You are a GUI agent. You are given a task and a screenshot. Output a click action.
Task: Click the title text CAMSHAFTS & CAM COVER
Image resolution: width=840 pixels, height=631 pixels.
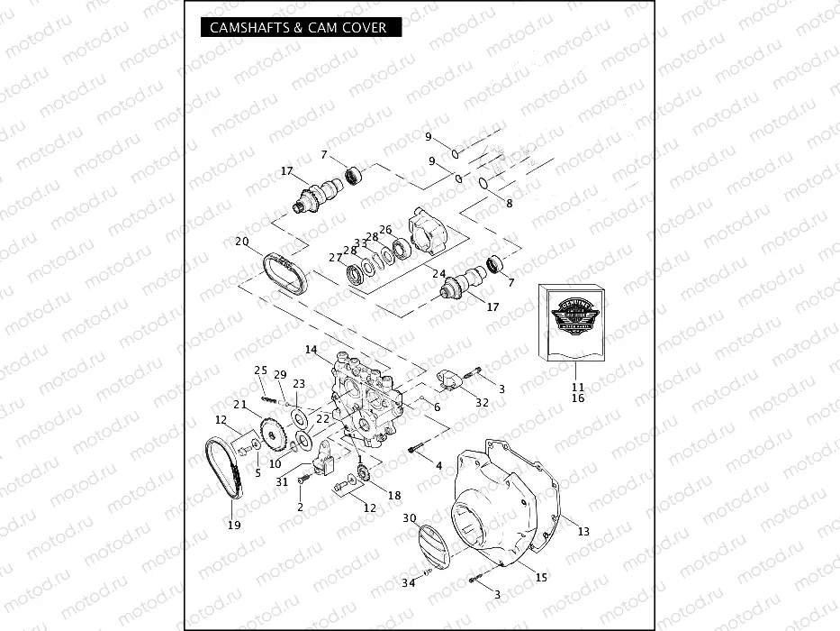coord(297,28)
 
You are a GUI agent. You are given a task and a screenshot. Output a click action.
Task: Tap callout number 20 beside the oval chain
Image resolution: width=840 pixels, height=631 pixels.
coord(241,242)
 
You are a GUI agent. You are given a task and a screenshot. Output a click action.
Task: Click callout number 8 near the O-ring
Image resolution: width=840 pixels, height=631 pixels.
coord(509,204)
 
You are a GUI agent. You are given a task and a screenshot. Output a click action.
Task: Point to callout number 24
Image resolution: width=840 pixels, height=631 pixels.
coord(438,273)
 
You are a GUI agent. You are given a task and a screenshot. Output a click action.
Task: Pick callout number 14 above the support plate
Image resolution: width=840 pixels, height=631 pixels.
coord(311,349)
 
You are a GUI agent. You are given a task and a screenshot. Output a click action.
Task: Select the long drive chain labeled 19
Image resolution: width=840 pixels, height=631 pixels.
coord(224,469)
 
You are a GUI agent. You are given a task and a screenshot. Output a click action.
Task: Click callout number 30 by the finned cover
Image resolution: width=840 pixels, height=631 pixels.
coord(410,518)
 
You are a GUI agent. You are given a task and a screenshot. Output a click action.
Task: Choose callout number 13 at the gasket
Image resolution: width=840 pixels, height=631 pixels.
coord(583,532)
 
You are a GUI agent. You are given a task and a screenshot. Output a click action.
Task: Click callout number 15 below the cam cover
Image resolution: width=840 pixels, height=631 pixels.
coord(541,577)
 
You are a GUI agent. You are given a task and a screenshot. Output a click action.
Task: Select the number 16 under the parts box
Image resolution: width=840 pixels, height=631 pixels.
coord(578,398)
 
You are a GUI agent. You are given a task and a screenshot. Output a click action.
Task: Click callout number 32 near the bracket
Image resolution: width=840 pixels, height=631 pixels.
coord(483,402)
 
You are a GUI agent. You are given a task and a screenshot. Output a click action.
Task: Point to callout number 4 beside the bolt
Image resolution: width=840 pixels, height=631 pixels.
coord(438,466)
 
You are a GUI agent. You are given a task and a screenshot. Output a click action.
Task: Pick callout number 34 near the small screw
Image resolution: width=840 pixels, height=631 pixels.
coord(409,583)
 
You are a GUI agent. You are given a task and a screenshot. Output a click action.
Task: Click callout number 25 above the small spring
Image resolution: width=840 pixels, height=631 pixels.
coord(260,370)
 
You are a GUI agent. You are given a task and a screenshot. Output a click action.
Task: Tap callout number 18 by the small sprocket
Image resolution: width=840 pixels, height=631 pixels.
coord(394,496)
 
